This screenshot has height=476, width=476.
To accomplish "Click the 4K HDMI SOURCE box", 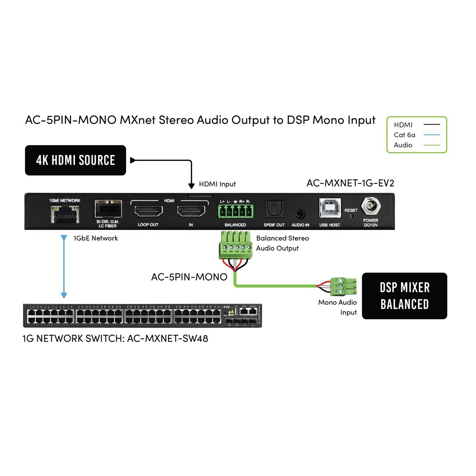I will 75,160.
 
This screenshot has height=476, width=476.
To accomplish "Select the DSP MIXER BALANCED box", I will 404,296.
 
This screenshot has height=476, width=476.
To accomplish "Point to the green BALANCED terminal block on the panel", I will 236,211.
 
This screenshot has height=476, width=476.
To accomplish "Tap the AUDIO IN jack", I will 300,214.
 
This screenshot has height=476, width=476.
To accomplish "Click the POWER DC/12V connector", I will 371,206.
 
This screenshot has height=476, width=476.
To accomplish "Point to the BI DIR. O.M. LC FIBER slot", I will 108,209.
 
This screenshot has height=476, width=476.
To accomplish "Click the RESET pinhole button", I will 351,216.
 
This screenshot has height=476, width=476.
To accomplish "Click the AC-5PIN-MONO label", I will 189,277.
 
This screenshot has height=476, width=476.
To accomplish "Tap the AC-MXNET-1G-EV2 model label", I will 350,183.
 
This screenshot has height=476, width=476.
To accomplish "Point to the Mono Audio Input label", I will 338,307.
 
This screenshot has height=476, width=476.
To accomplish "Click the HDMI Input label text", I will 217,184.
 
